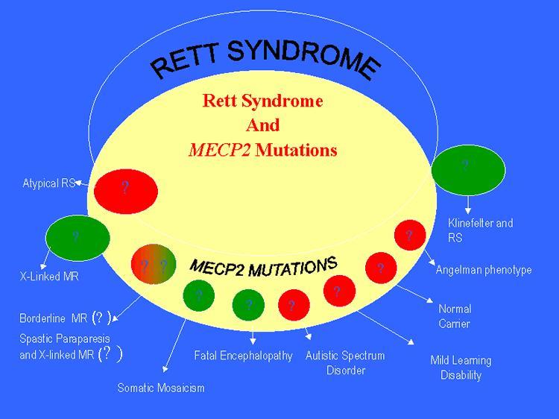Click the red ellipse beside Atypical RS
click(125, 189)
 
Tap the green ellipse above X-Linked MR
click(78, 236)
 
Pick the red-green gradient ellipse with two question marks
click(153, 264)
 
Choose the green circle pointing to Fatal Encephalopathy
click(249, 304)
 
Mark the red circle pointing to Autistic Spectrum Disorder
click(292, 305)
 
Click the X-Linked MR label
click(49, 276)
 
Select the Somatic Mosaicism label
click(160, 388)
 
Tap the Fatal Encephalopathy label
click(243, 356)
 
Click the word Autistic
click(324, 356)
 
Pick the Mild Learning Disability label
click(461, 368)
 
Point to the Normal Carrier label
click(454, 316)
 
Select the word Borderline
click(43, 318)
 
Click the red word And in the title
click(262, 125)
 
